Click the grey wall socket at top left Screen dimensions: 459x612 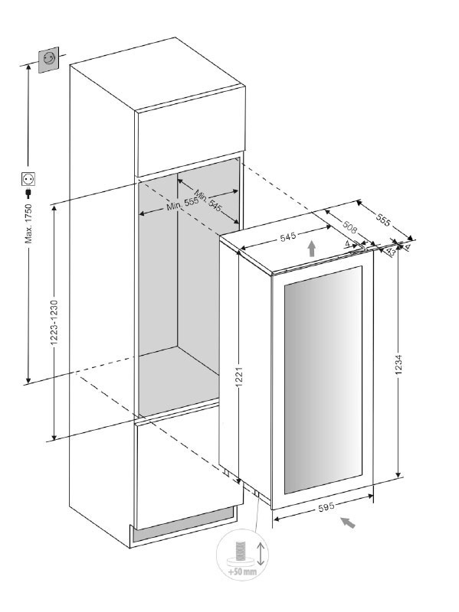(x=48, y=60)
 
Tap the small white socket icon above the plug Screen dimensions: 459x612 (x=28, y=180)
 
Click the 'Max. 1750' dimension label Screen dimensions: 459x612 (x=28, y=223)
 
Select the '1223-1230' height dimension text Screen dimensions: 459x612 (x=54, y=322)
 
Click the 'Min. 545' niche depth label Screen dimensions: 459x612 (x=208, y=201)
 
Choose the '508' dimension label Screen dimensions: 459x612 (x=349, y=227)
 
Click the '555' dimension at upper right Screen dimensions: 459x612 (x=383, y=220)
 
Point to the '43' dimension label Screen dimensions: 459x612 (x=391, y=252)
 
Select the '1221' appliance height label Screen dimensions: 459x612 (x=239, y=377)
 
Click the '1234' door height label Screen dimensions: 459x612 (x=398, y=364)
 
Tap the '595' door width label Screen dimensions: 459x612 (x=326, y=507)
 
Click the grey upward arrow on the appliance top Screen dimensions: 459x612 (x=312, y=249)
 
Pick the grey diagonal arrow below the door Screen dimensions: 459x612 (x=348, y=522)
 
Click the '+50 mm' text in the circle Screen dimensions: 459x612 (x=242, y=571)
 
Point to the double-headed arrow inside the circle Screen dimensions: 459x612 (x=261, y=554)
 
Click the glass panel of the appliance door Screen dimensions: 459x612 (x=323, y=379)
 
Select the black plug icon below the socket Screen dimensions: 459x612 (x=28, y=194)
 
